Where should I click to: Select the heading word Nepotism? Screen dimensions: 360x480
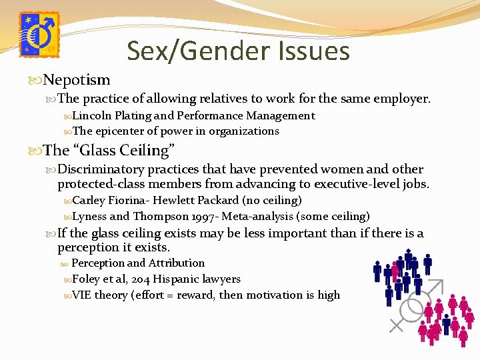coord(77,80)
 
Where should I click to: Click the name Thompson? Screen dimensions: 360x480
coord(159,216)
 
